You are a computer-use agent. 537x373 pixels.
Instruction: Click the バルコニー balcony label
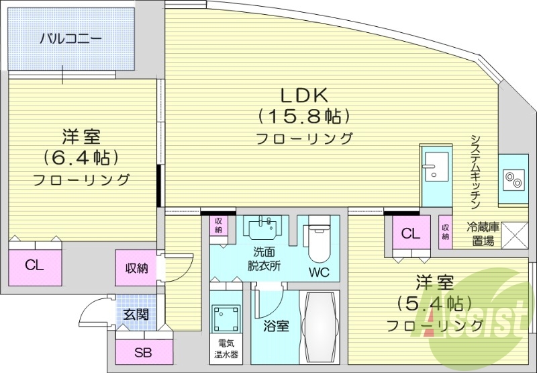70,38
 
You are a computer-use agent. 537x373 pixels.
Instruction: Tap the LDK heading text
303,94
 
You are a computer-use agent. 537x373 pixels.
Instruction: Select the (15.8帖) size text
304,116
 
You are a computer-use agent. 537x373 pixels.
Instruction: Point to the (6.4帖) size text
81,157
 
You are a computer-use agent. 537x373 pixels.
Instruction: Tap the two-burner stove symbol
514,179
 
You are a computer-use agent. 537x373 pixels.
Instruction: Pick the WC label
319,272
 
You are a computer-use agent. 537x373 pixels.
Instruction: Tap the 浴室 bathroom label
275,326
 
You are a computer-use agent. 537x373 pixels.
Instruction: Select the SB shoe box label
142,353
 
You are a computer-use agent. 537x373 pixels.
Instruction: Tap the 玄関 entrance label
136,314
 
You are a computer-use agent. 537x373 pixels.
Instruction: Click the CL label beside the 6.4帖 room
35,265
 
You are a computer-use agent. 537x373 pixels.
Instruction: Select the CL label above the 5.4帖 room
411,233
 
